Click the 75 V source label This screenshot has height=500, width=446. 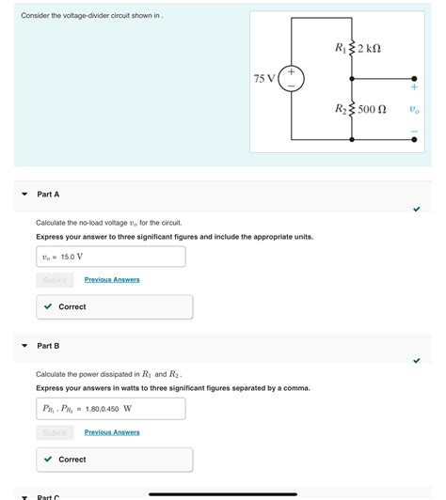[264, 78]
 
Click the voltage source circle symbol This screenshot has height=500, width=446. [291, 79]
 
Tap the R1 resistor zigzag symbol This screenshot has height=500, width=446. [352, 48]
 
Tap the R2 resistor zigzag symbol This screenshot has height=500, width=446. [352, 109]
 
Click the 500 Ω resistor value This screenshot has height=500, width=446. [373, 109]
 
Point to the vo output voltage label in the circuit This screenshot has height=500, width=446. [414, 109]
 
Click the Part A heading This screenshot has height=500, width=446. [48, 194]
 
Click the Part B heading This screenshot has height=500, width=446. [48, 346]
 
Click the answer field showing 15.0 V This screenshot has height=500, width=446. [110, 257]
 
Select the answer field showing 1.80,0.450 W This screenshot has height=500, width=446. [110, 409]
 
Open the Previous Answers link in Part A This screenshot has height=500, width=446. [112, 279]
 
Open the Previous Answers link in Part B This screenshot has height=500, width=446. [112, 432]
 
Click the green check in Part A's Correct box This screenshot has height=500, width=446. [48, 306]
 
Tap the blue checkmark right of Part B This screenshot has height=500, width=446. [416, 360]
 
